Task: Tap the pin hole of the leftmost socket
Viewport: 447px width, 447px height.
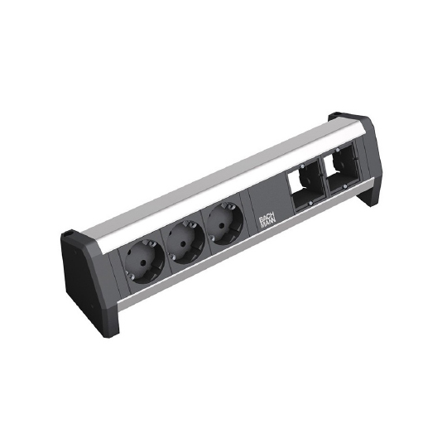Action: [x=144, y=262]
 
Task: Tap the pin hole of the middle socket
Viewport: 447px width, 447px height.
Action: [x=182, y=244]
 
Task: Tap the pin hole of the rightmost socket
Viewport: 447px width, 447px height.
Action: [x=221, y=226]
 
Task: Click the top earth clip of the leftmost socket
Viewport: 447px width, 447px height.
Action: [x=149, y=243]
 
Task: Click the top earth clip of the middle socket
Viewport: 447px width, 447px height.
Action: [x=188, y=225]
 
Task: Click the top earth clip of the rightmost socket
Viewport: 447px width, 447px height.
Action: [x=226, y=207]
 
